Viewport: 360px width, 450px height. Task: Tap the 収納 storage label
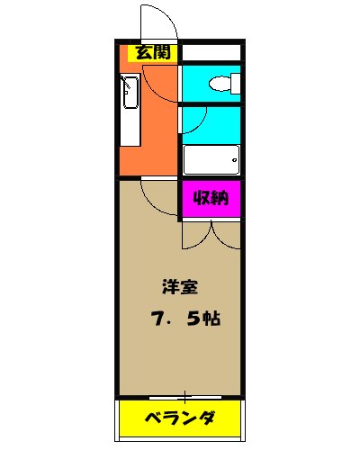coord(211,199)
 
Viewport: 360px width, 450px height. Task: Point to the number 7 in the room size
coord(157,319)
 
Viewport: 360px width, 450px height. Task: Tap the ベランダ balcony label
coord(181,418)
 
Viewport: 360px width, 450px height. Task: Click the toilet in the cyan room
coord(221,84)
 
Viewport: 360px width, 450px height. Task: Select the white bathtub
coord(211,160)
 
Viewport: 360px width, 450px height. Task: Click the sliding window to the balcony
coord(181,396)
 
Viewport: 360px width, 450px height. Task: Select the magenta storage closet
coord(211,199)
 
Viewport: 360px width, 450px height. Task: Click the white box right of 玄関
coord(211,51)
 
